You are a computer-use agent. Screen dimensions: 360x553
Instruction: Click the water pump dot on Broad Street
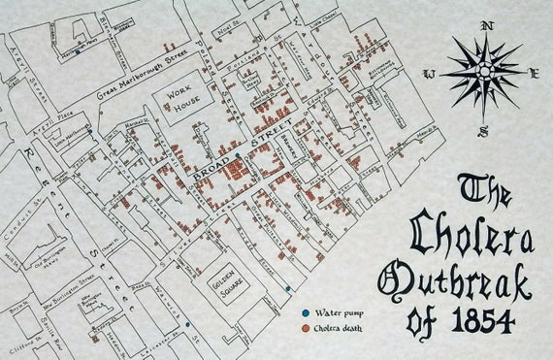coord(237,155)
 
